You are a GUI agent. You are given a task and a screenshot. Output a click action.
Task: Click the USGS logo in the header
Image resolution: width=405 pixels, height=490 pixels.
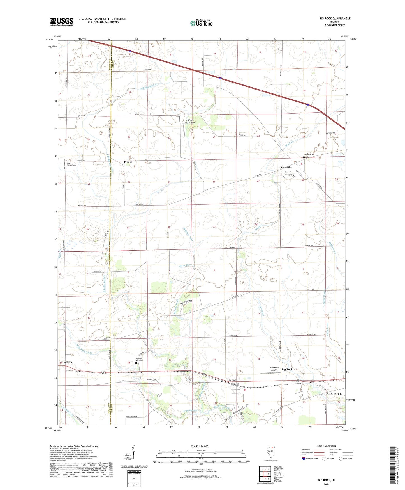(x=62, y=22)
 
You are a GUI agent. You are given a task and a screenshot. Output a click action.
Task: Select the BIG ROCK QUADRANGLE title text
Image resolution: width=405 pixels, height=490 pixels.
(x=335, y=19)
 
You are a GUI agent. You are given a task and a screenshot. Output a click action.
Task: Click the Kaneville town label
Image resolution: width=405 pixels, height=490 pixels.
(x=286, y=167)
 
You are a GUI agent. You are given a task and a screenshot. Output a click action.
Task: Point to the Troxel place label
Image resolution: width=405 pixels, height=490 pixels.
(x=128, y=162)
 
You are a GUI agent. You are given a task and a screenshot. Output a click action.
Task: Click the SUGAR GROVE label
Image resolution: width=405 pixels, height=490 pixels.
(x=331, y=394)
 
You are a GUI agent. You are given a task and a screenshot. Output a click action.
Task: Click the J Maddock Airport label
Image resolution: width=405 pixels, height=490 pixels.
(x=274, y=368)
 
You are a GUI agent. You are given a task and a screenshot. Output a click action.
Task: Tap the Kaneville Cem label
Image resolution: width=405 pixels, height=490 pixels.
(x=309, y=154)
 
